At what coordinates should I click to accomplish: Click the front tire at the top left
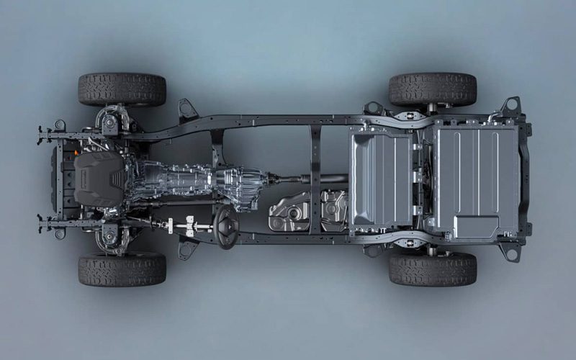[122, 90]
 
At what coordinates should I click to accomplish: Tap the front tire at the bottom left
[122, 269]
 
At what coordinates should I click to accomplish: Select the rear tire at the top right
[433, 90]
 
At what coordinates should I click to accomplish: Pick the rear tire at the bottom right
[433, 269]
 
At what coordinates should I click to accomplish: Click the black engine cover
[99, 179]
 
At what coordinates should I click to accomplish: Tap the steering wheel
[225, 227]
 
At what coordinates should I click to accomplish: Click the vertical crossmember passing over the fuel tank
[315, 180]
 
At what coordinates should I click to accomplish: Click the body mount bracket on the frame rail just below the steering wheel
[188, 248]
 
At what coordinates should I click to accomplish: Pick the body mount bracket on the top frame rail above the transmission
[188, 110]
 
